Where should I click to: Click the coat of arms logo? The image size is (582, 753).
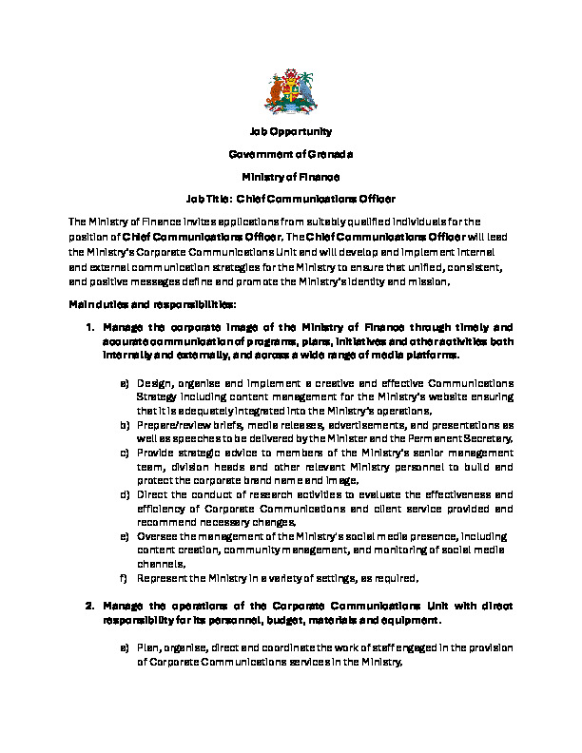click(290, 94)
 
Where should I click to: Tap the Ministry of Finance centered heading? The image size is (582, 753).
click(291, 177)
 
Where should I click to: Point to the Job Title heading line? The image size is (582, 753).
click(291, 200)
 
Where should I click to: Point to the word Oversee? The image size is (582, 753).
click(157, 536)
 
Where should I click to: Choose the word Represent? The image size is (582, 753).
click(164, 577)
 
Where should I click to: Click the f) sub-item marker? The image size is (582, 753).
click(124, 577)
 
